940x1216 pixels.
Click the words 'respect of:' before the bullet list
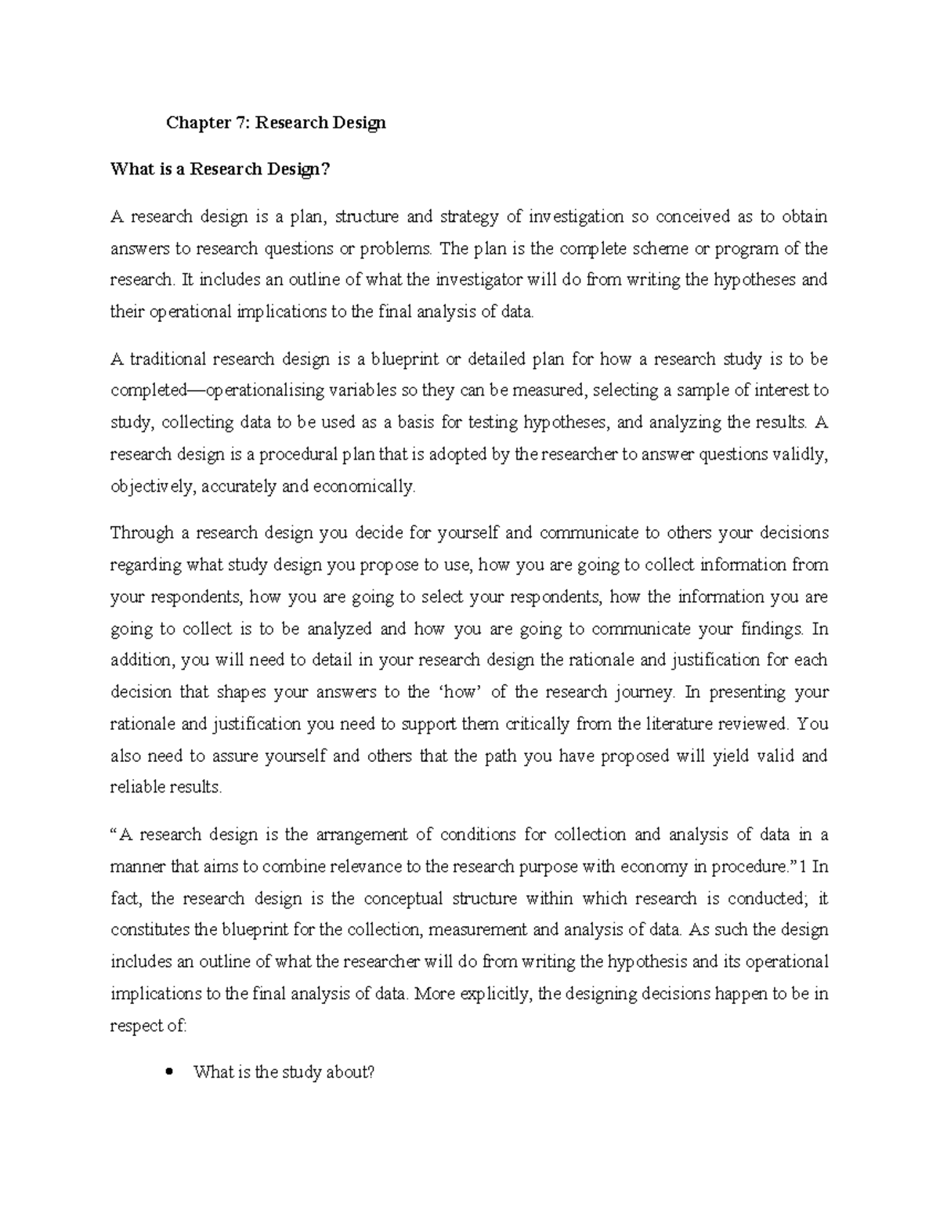pos(149,1027)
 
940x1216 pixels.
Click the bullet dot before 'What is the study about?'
pos(169,1072)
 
